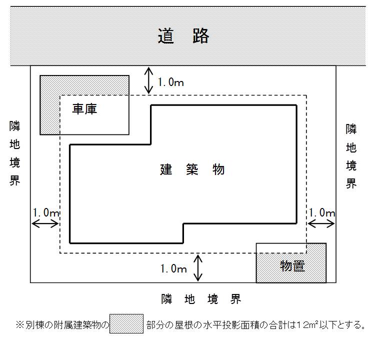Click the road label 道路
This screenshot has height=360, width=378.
[183, 36]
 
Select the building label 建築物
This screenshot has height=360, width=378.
[192, 169]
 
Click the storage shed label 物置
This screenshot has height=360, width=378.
[292, 266]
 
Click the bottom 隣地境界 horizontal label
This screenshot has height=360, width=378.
[201, 299]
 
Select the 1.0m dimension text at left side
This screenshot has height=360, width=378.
[46, 212]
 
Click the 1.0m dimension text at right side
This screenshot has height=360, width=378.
[321, 212]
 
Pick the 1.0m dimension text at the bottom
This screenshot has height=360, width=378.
[173, 269]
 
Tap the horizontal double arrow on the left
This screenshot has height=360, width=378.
[45, 224]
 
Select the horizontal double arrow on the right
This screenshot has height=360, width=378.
[321, 224]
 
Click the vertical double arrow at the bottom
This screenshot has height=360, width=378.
[198, 268]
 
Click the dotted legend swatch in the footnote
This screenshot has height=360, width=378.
[126, 324]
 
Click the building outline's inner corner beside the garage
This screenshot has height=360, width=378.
[151, 144]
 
